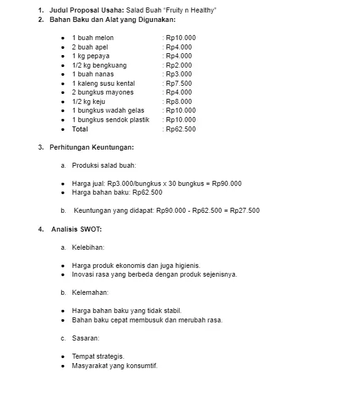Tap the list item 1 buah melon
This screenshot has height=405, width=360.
click(x=93, y=38)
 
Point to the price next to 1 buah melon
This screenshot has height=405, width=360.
click(x=180, y=38)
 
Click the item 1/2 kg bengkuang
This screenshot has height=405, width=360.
click(x=99, y=65)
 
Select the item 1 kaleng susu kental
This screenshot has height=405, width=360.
click(x=103, y=83)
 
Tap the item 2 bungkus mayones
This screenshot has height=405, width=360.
click(x=103, y=93)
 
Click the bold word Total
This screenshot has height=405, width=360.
click(x=80, y=129)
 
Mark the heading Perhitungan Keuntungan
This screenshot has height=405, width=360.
click(x=91, y=148)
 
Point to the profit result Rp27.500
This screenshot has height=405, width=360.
click(x=245, y=210)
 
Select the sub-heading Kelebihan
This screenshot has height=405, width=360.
click(x=88, y=247)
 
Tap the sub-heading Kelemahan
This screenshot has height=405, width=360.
click(x=90, y=292)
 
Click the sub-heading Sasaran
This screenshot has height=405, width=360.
click(x=86, y=338)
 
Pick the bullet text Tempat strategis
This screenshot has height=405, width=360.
click(x=98, y=356)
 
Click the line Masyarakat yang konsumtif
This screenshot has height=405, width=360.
click(x=115, y=366)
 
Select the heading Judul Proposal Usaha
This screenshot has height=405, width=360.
click(x=86, y=11)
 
